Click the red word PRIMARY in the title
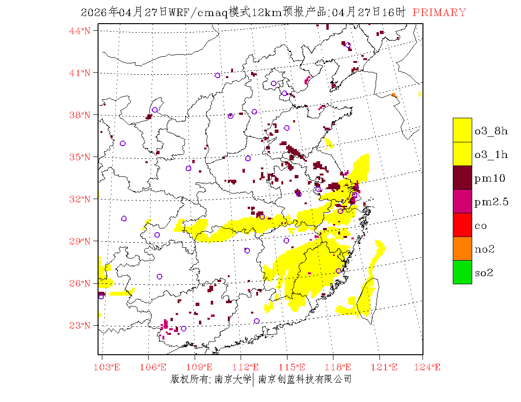(439, 13)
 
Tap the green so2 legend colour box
(462, 272)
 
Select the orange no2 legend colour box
(462, 248)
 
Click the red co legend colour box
(462, 225)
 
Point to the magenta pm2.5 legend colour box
(462, 201)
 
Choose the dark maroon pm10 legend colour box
(462, 177)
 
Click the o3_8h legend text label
(491, 131)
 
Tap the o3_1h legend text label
(491, 155)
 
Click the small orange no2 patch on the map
(394, 95)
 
